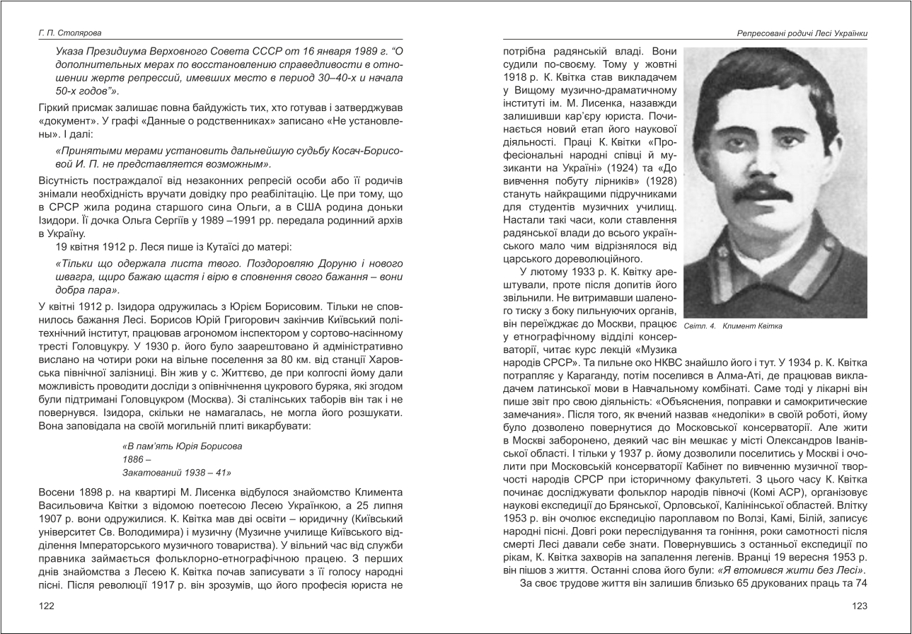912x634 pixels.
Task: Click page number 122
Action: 47,606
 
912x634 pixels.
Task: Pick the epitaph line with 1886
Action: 133,459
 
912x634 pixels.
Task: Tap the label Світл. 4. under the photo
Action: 700,326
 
